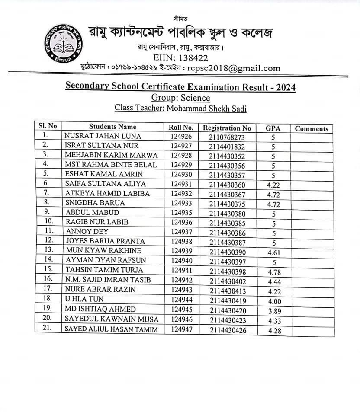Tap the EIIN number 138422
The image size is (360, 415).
pos(193,57)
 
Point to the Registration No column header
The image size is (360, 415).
pos(227,128)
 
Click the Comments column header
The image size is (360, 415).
pos(312,128)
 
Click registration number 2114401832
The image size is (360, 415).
pos(227,147)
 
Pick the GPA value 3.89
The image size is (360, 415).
pos(273,310)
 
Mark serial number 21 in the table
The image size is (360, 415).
pos(48,329)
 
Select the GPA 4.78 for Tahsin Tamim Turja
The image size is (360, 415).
pos(273,271)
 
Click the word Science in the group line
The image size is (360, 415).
pos(195,98)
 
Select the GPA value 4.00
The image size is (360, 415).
pos(273,300)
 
